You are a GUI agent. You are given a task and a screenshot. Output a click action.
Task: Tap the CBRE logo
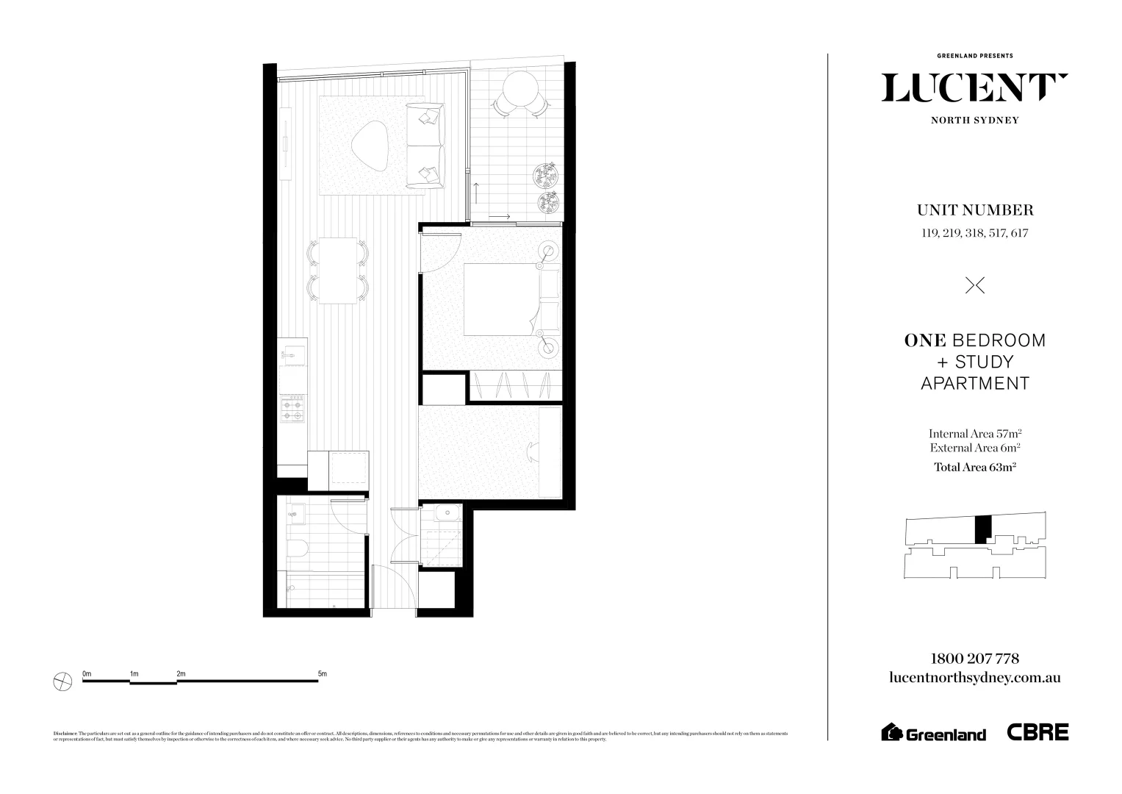click(1038, 732)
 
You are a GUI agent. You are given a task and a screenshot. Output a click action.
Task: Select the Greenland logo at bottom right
click(933, 733)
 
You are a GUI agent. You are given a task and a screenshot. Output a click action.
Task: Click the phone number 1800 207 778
click(974, 659)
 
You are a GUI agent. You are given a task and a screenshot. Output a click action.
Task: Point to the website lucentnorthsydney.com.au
click(974, 678)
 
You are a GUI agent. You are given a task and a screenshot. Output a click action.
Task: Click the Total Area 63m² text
click(974, 466)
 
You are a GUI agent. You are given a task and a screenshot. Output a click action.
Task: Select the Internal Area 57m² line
click(974, 434)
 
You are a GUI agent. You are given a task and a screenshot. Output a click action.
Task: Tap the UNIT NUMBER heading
click(974, 210)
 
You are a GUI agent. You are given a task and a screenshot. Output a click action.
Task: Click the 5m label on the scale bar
click(322, 673)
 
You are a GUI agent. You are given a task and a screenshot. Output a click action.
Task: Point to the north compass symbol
click(63, 682)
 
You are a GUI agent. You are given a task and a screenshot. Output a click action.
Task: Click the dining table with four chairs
click(338, 271)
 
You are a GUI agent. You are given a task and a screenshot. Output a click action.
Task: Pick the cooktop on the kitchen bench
click(293, 409)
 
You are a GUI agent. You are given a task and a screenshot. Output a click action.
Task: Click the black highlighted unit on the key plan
click(982, 529)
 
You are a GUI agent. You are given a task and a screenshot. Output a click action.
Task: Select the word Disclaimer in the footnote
click(65, 734)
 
